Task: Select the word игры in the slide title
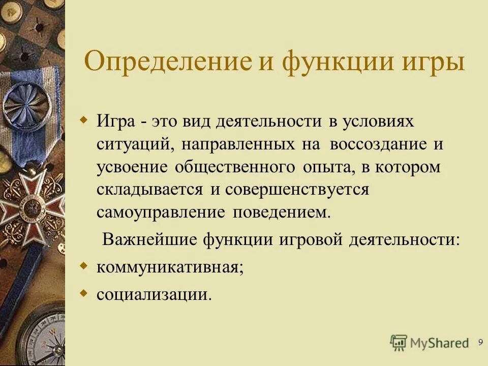point(435,63)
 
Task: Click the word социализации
point(154,294)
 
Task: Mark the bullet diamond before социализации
point(85,293)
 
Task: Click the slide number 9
point(480,342)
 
